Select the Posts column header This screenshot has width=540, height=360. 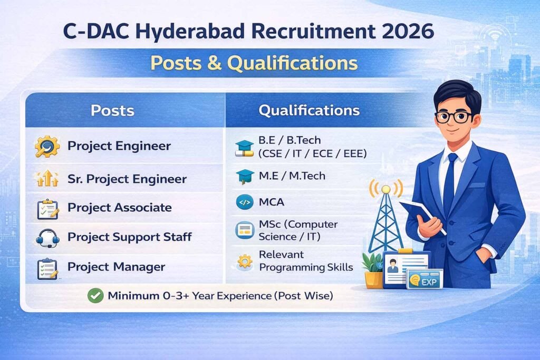coord(112,111)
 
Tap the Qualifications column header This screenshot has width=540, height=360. coord(309,111)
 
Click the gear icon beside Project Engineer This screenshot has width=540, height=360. coord(47,147)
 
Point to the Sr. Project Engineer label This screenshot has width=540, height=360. coord(127,179)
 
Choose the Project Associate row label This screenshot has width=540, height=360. coord(120,208)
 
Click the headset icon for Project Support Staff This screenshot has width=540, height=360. coord(47,238)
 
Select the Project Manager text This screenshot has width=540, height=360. coord(117,267)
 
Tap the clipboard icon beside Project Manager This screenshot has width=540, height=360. coord(47,268)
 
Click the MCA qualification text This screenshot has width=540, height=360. coord(272,202)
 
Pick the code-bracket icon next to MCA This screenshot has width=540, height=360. coord(245,202)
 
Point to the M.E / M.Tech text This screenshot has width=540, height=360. coord(292,176)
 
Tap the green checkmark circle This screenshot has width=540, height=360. coord(95,296)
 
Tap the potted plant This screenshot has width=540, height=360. coord(373,270)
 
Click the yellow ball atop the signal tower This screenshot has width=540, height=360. coord(386,189)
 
